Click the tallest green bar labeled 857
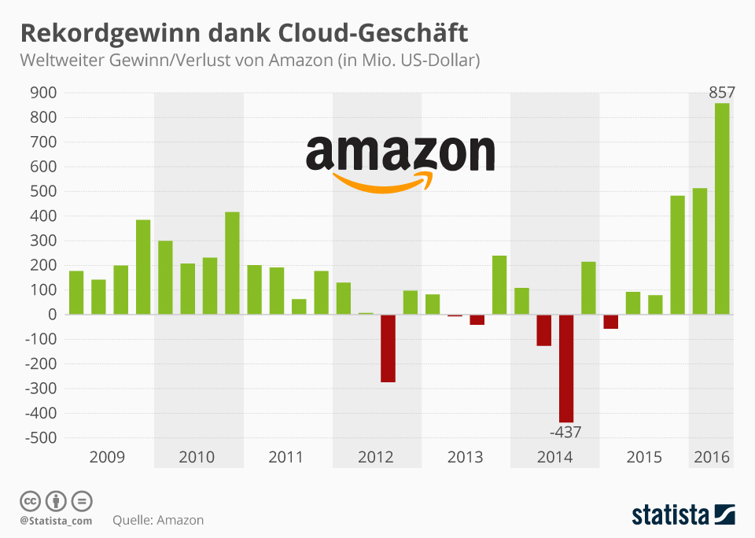click(x=722, y=208)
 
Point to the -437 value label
click(x=566, y=432)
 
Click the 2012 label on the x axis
click(x=375, y=457)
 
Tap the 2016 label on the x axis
click(x=711, y=457)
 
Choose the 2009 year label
click(x=107, y=457)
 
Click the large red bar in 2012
click(x=388, y=348)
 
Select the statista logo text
click(x=670, y=515)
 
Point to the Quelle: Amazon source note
click(x=158, y=520)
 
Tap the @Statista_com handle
click(x=56, y=521)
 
